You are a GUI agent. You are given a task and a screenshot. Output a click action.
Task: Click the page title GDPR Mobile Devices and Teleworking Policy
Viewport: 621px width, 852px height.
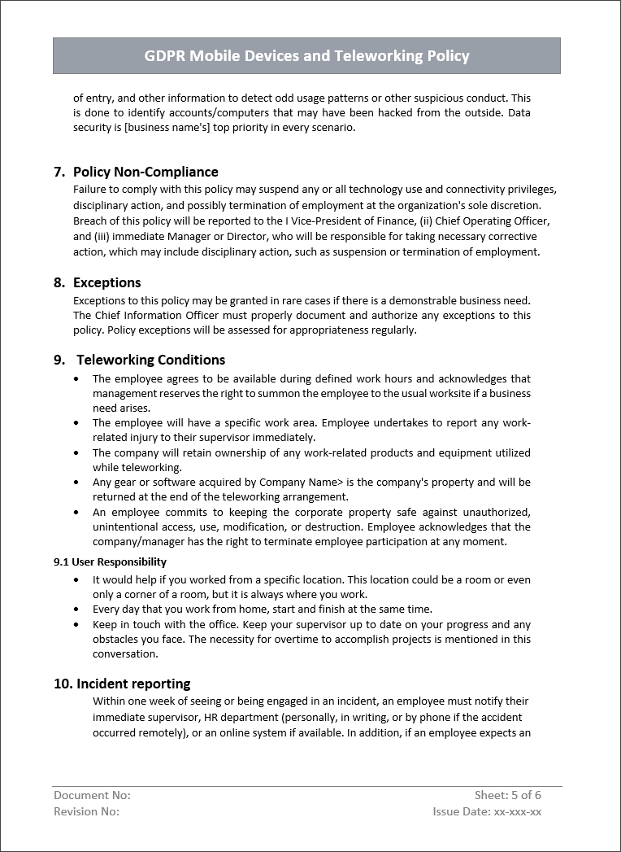coord(306,56)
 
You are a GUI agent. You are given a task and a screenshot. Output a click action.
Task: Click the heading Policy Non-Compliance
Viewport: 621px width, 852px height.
coord(145,172)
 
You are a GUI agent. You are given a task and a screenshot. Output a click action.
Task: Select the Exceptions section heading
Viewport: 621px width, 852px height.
coord(106,282)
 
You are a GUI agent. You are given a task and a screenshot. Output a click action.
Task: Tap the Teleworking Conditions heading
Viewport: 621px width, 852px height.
coord(150,360)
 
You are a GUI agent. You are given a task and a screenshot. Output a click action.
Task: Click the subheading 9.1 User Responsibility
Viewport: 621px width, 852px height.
coord(110,561)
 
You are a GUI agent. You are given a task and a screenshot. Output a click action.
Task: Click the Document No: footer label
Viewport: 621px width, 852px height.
coord(92,795)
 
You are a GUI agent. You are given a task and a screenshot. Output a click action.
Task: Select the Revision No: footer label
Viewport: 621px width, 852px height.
coord(86,811)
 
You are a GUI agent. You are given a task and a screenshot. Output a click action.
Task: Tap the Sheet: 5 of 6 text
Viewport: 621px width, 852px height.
coord(507,795)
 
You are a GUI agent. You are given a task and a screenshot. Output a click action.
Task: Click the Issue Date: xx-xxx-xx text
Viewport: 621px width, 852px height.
coord(487,811)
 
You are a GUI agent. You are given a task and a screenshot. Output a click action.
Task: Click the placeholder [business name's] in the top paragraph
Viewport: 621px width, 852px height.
coord(167,127)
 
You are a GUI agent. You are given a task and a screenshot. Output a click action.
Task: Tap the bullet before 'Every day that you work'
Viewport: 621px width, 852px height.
coord(76,610)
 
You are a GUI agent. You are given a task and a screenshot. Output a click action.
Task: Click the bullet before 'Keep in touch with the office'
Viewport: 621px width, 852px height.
coord(76,625)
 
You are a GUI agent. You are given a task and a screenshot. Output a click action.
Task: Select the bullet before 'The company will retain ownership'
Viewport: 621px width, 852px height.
coord(76,453)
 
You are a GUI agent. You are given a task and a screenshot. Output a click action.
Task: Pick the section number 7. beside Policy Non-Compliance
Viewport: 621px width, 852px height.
coord(59,172)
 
